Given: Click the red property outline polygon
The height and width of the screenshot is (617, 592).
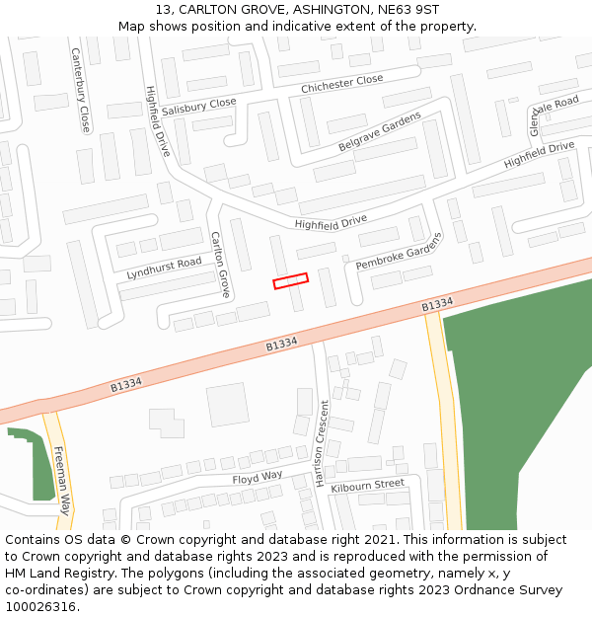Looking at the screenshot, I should click(x=290, y=281).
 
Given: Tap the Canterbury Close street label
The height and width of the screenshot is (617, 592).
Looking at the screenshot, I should click(x=81, y=91).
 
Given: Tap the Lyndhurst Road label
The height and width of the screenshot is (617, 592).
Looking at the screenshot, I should click(x=164, y=267).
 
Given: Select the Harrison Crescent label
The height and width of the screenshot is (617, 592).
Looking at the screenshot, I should click(x=320, y=443).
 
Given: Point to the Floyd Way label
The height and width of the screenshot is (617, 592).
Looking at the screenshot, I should click(x=258, y=478).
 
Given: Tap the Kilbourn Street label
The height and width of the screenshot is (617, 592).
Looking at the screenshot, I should click(x=368, y=485).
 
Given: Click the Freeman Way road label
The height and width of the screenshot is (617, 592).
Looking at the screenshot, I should click(x=61, y=481).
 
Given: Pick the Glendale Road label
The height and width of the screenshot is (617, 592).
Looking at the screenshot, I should click(x=554, y=116).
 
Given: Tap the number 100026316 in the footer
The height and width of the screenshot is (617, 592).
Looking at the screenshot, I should click(x=41, y=606).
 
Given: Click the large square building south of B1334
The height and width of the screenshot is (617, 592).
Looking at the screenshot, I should click(x=228, y=405).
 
